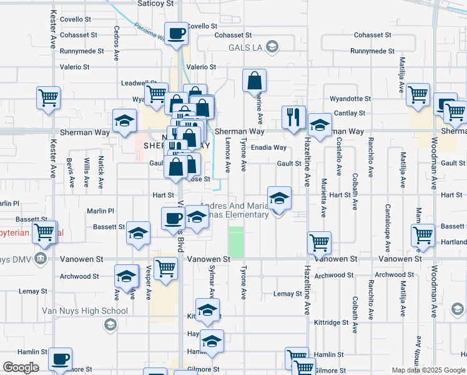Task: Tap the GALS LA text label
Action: point(246,47)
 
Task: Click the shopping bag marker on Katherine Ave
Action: point(254,81)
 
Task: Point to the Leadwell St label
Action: point(138,82)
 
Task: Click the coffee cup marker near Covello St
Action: point(176,33)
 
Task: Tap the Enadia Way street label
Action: point(268,148)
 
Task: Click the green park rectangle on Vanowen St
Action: point(236,241)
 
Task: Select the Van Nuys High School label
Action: point(76,311)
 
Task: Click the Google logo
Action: point(21,367)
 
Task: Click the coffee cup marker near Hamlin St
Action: point(61,359)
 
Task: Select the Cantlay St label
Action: point(349,113)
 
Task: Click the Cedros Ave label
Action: point(117,42)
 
